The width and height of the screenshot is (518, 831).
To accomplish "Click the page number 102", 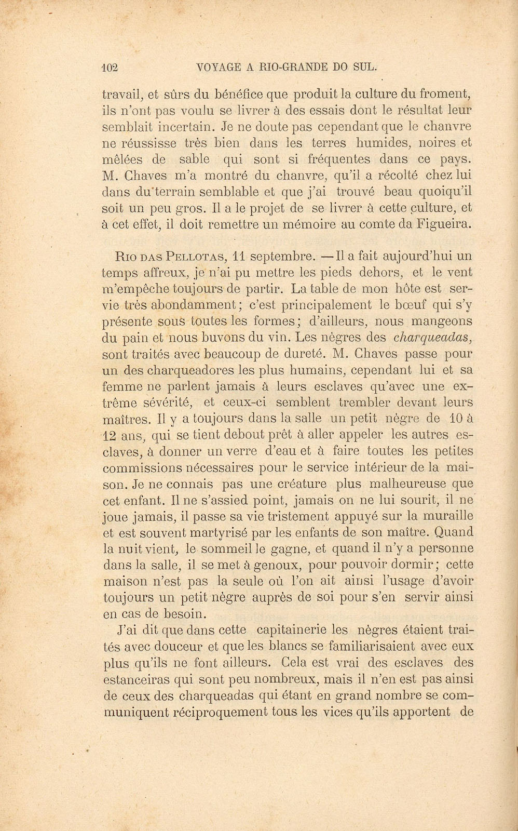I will (111, 66).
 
